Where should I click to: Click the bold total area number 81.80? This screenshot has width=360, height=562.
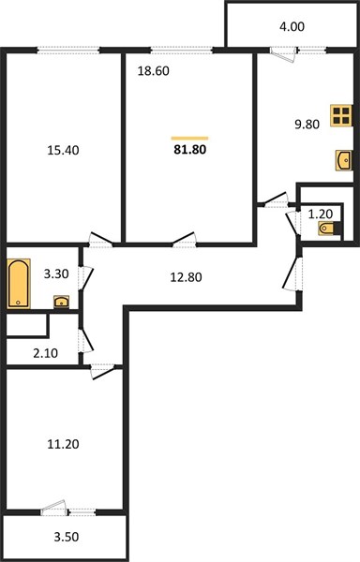click(x=190, y=150)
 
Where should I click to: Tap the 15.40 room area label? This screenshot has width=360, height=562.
click(x=63, y=150)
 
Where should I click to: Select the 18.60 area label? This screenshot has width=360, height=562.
click(x=154, y=71)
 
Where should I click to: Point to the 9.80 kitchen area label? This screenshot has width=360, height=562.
click(x=307, y=125)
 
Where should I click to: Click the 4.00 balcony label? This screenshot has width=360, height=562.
click(x=292, y=26)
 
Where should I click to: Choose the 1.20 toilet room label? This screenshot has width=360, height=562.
click(x=321, y=214)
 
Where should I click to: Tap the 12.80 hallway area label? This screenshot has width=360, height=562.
click(x=186, y=277)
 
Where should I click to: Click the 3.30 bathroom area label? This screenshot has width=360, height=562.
click(x=56, y=274)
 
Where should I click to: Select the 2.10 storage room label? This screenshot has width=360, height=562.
click(x=45, y=353)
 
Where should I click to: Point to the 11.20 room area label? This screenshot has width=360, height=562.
click(x=63, y=444)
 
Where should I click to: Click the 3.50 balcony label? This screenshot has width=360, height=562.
click(x=67, y=537)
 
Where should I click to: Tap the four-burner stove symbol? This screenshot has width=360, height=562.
click(x=341, y=116)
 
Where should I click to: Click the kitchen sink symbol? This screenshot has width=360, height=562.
click(x=343, y=160)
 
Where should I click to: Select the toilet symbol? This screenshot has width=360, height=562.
click(x=328, y=229)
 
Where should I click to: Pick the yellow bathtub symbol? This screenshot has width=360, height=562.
click(x=19, y=284)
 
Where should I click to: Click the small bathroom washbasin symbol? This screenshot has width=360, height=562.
click(x=61, y=302)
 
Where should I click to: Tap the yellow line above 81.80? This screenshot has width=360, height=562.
click(x=189, y=138)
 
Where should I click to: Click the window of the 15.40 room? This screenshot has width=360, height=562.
click(x=68, y=51)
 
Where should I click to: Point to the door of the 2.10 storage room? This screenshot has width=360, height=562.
click(x=86, y=341)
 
